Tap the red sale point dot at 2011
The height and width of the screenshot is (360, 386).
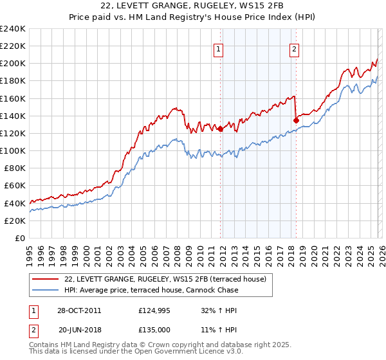pyautogui.click(x=220, y=129)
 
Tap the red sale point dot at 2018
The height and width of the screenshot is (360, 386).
pyautogui.click(x=296, y=120)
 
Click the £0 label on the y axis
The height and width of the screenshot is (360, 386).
pyautogui.click(x=19, y=238)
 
